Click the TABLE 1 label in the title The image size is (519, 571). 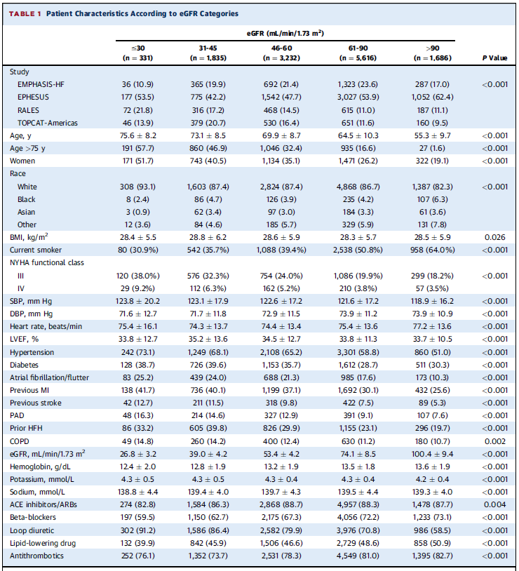25,14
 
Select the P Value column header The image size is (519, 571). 494,58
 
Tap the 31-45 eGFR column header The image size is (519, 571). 208,53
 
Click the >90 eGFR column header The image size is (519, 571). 432,53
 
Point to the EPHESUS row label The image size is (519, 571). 33,98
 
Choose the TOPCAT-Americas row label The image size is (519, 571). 48,123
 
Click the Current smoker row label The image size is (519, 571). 36,250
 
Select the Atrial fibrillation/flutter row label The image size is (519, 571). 49,377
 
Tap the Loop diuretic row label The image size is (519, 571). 32,530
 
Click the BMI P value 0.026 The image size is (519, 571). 494,237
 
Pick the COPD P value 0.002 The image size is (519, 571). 494,441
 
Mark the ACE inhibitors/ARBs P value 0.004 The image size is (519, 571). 494,505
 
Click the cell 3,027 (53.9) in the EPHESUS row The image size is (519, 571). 358,98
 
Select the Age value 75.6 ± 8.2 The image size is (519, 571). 137,136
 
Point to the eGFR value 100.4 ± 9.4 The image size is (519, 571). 432,454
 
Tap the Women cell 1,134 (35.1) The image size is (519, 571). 281,161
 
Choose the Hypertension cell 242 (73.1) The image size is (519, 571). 137,353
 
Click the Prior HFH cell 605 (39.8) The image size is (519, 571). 208,428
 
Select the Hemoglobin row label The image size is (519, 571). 40,467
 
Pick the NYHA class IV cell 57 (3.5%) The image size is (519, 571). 432,288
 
